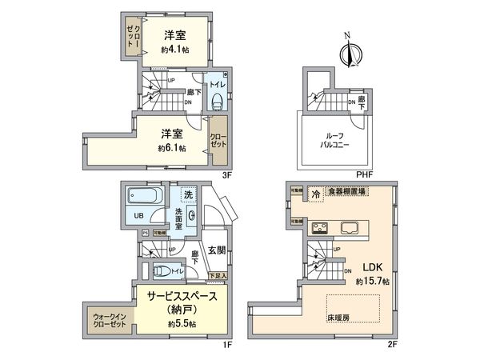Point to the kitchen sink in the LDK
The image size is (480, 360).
pyautogui.click(x=351, y=226)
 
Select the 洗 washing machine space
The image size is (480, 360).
pyautogui.click(x=188, y=195)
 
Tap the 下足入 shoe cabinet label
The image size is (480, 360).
pyautogui.click(x=217, y=275)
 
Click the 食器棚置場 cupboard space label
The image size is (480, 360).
pyautogui.click(x=339, y=192)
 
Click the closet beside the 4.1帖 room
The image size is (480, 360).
pyautogui.click(x=133, y=37)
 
